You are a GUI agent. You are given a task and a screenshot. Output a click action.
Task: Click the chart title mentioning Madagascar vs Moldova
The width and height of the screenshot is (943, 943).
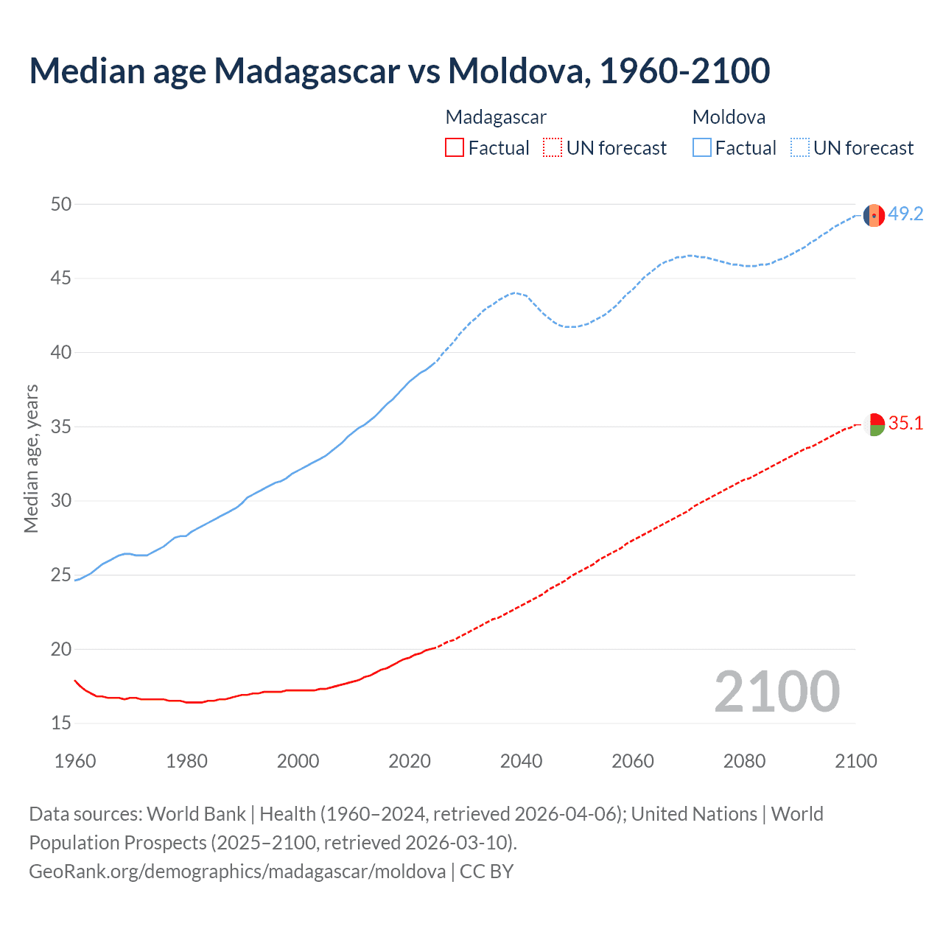399,71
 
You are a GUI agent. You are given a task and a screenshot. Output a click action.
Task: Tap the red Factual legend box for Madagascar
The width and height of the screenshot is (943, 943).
455,148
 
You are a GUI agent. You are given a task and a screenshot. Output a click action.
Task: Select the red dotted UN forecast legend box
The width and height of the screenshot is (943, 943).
553,148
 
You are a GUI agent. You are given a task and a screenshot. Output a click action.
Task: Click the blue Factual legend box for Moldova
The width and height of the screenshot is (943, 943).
701,148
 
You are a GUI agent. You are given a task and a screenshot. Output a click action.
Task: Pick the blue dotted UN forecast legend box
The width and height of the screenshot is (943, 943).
799,148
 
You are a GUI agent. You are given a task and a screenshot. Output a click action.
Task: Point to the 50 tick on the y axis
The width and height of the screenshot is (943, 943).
61,204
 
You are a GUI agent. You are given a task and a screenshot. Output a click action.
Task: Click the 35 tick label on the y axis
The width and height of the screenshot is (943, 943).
61,427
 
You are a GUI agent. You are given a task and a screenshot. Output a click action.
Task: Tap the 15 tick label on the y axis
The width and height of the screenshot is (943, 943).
61,723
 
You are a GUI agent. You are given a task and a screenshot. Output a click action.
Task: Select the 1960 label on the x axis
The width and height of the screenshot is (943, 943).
75,761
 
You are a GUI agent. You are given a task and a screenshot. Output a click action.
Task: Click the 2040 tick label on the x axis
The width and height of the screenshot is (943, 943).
521,761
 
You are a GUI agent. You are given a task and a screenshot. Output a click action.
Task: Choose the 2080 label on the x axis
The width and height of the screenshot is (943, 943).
744,761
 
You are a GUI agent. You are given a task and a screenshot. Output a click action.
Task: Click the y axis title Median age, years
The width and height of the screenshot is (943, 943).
31,458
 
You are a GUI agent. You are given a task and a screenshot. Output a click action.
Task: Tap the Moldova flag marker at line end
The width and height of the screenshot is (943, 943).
874,215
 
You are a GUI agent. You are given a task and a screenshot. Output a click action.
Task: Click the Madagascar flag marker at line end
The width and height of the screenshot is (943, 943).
874,424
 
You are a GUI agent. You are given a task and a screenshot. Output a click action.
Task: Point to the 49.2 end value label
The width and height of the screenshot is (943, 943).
905,214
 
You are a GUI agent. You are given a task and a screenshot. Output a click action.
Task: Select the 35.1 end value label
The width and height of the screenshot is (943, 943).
905,424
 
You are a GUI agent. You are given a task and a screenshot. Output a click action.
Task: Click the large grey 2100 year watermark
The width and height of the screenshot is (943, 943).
777,692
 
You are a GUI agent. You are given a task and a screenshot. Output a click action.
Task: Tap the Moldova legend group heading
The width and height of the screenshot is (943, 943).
729,117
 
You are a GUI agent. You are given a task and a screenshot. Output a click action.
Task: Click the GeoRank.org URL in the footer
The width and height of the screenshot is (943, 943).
237,872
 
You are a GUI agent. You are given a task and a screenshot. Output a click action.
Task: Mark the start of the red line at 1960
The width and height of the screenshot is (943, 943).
75,681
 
